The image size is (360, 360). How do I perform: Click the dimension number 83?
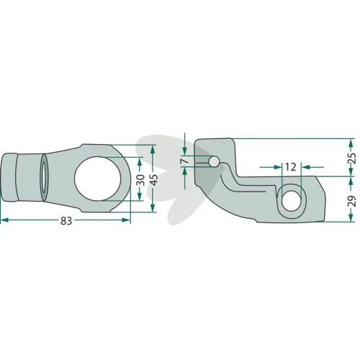coord(66,220)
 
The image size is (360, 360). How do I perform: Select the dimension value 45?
coord(155,179)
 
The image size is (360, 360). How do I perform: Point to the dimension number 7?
coord(186,161)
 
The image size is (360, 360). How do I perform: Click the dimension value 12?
coord(291,167)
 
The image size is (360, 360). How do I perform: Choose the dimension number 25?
coord(352,158)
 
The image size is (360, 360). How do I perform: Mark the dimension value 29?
coord(352,201)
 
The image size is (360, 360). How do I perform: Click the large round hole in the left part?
coord(98,179)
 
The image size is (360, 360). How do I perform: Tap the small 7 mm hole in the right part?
coord(214,161)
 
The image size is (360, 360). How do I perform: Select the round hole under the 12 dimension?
coord(292,201)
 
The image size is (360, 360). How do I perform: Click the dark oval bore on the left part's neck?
coord(45,177)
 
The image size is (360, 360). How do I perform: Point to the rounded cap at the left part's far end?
coord(9,178)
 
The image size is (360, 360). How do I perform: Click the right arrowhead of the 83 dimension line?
coord(126,220)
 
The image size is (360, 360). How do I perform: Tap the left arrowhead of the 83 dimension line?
coord(5,220)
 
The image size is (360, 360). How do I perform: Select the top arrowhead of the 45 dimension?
coord(153,150)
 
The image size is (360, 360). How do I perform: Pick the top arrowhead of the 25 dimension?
coord(351,143)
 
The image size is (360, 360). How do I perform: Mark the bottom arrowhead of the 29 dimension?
coord(351,217)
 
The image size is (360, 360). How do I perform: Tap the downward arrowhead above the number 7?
coord(184,150)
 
